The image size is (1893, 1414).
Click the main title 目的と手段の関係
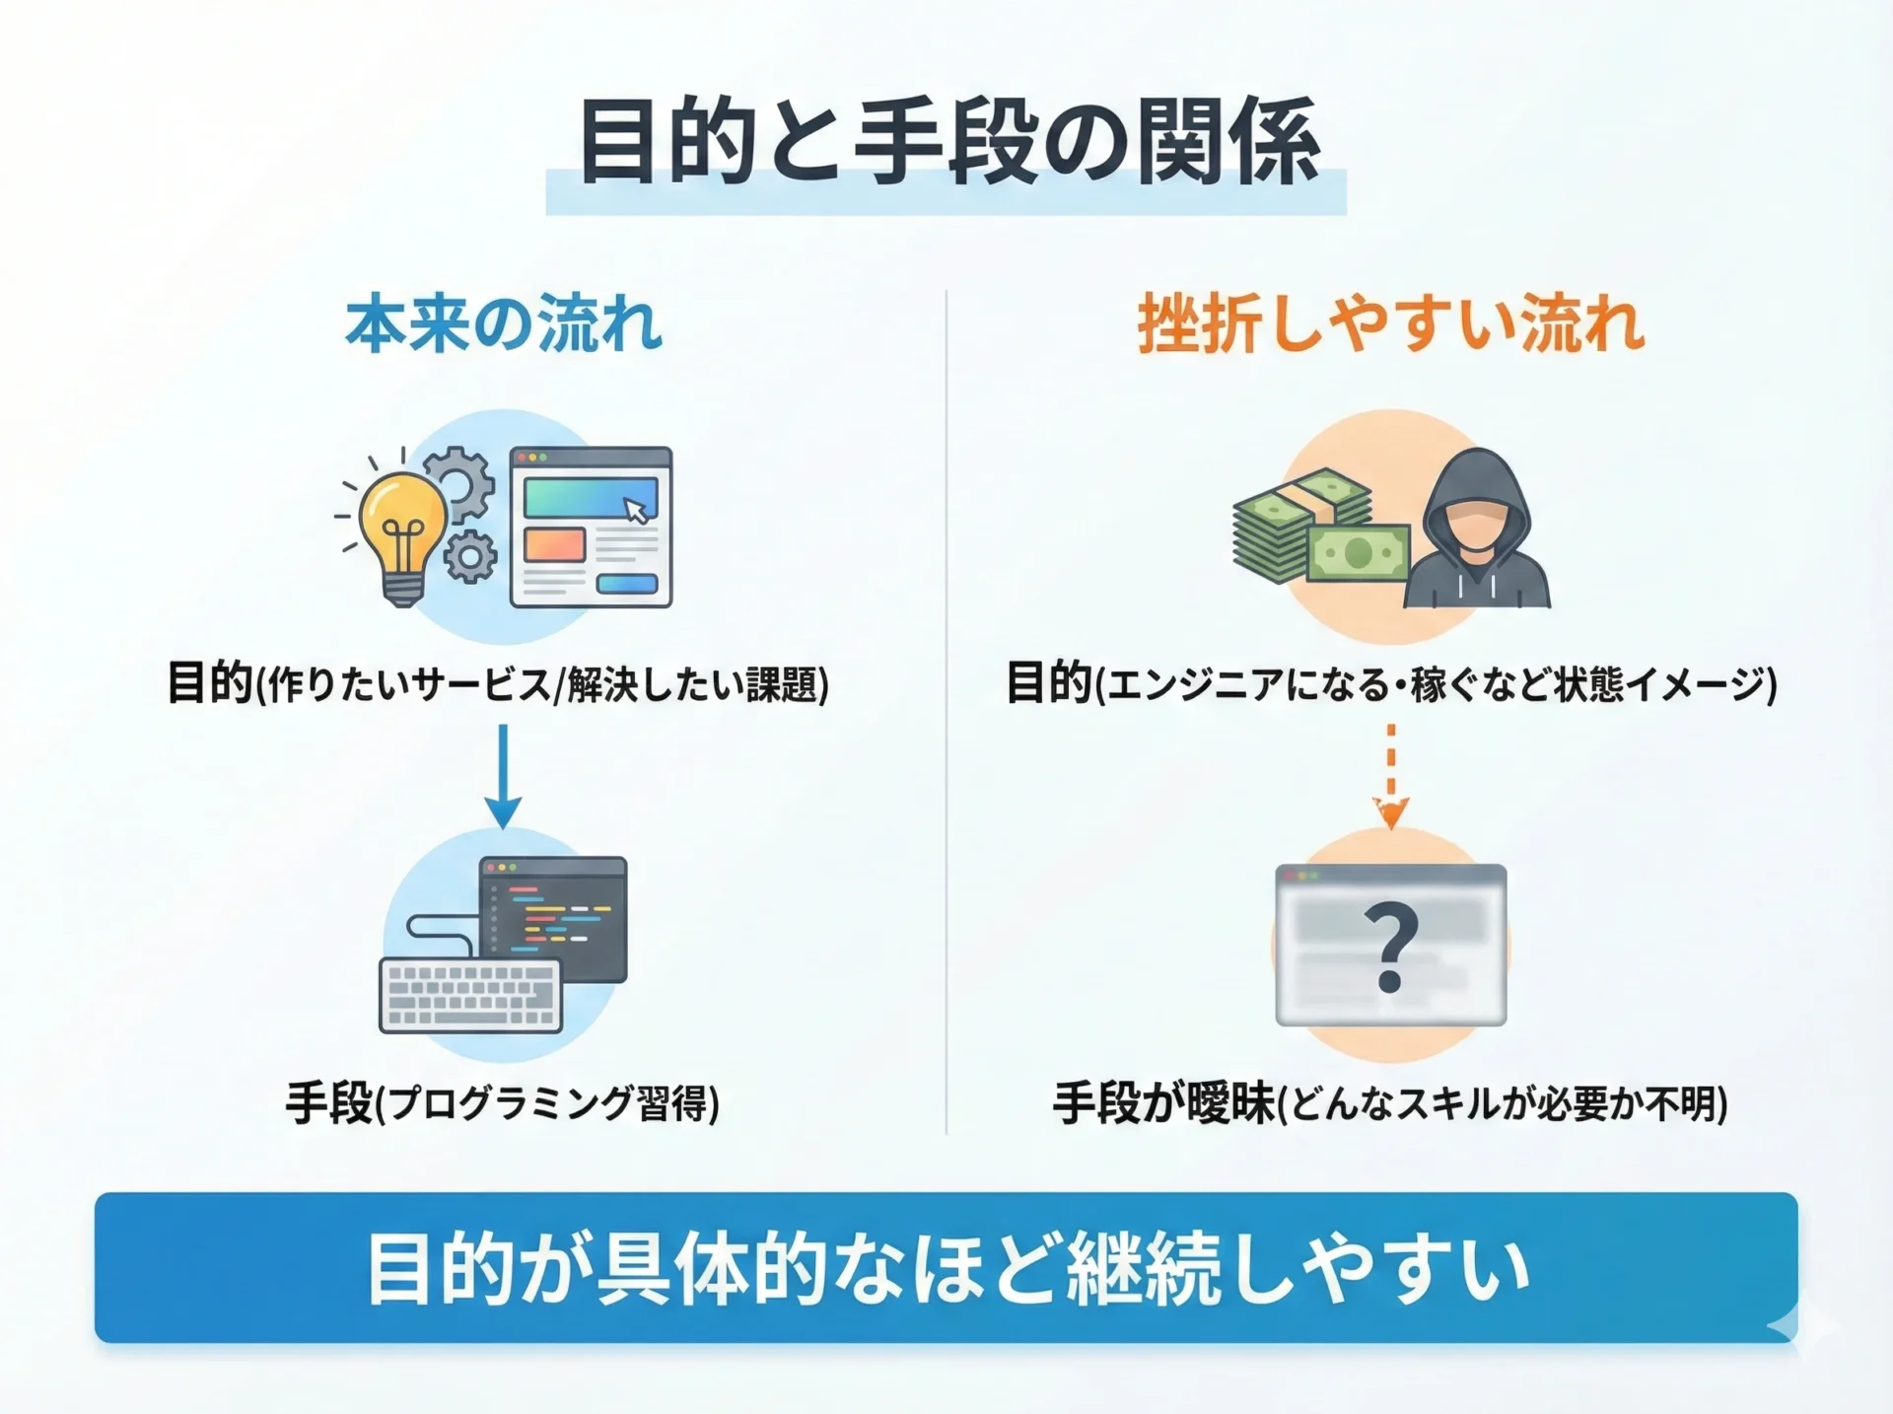(x=948, y=141)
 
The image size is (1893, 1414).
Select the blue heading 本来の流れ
(x=503, y=323)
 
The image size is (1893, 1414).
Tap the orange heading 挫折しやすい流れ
(x=1390, y=323)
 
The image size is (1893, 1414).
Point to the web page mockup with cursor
(x=591, y=528)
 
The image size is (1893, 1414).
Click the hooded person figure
(x=1476, y=530)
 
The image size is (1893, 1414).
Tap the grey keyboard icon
(x=471, y=995)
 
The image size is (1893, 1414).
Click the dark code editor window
(x=553, y=919)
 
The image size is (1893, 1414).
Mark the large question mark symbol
(x=1390, y=948)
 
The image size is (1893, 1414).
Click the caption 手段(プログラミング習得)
(x=503, y=1102)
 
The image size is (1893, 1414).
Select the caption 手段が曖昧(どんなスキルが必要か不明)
(x=1390, y=1102)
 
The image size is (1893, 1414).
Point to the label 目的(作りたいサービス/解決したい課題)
(x=498, y=683)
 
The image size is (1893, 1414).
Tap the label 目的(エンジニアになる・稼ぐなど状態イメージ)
(x=1391, y=683)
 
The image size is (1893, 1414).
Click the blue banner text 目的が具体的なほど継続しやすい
(x=948, y=1269)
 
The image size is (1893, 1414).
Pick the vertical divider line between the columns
(x=946, y=712)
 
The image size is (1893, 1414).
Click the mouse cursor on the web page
(x=637, y=509)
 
